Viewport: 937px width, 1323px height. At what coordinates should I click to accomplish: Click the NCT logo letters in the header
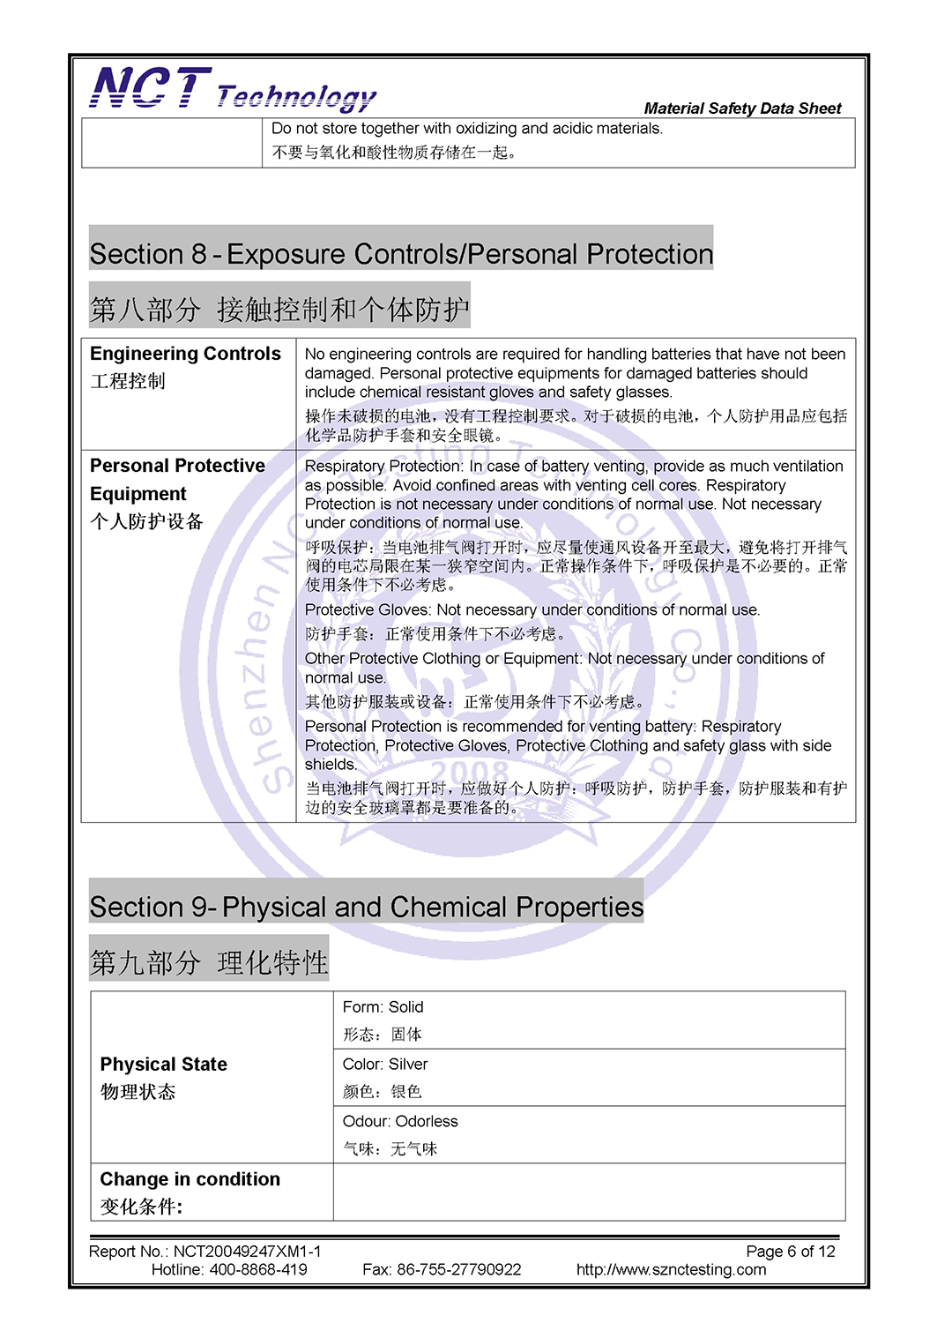pyautogui.click(x=150, y=88)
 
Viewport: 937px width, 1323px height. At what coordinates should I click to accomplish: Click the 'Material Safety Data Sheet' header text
pyautogui.click(x=742, y=108)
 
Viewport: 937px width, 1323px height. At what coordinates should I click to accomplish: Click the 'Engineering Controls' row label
pyautogui.click(x=185, y=354)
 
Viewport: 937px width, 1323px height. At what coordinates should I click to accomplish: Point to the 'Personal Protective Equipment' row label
pyautogui.click(x=177, y=479)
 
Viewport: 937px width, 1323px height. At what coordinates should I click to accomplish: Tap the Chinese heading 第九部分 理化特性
pyautogui.click(x=209, y=962)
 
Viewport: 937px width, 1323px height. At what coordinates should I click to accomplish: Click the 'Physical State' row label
pyautogui.click(x=164, y=1065)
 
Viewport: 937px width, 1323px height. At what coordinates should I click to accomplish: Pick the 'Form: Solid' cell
pyautogui.click(x=383, y=1007)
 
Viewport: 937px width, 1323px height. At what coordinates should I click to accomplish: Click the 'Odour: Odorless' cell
pyautogui.click(x=400, y=1122)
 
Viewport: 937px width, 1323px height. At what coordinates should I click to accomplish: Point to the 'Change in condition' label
pyautogui.click(x=190, y=1179)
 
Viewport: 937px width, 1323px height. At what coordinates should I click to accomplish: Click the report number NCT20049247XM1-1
pyautogui.click(x=247, y=1252)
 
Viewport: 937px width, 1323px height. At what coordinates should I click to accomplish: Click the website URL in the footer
pyautogui.click(x=671, y=1270)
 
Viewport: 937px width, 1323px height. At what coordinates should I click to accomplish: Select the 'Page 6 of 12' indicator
pyautogui.click(x=790, y=1252)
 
